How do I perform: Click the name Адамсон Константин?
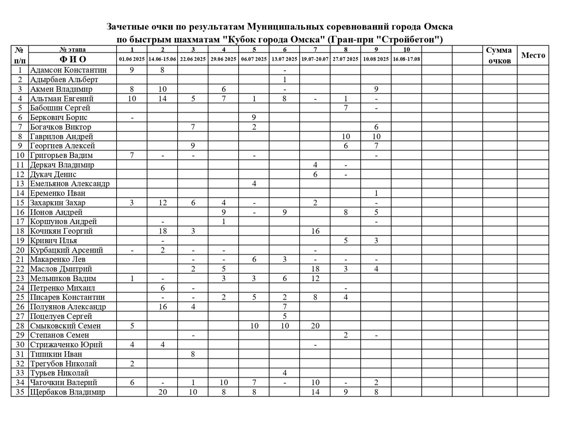click(x=68, y=70)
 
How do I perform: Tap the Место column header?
click(x=533, y=55)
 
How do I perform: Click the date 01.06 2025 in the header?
click(x=132, y=59)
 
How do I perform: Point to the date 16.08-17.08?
click(x=406, y=59)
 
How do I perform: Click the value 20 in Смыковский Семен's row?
click(x=315, y=326)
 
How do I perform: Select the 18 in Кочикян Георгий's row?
click(x=162, y=231)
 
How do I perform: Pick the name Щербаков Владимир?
click(x=68, y=392)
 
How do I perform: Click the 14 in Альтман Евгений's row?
click(x=162, y=99)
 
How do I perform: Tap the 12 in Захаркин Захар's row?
click(x=162, y=203)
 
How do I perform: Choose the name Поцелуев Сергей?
click(x=61, y=316)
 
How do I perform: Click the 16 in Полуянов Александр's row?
click(x=162, y=307)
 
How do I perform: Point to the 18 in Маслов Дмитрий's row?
click(x=315, y=269)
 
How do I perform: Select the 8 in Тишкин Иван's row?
click(x=193, y=354)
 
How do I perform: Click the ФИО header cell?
click(x=73, y=59)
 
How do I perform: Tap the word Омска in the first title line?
click(x=438, y=27)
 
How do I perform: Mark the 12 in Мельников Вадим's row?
click(x=315, y=278)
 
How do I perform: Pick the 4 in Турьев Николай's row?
click(x=285, y=373)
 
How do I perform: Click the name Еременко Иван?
click(x=58, y=193)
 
